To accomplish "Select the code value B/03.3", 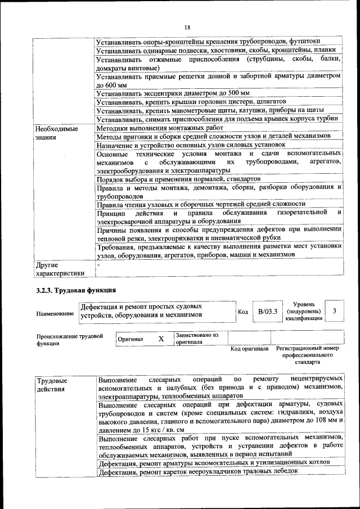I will click(264, 310).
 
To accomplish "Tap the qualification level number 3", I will click(335, 310).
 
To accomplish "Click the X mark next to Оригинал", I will click(161, 339).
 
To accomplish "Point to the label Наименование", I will click(55, 313).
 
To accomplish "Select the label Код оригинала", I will click(250, 349).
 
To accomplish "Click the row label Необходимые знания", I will click(57, 133).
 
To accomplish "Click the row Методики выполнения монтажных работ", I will click(160, 128).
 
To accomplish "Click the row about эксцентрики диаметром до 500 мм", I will click(173, 93).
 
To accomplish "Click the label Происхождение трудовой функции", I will click(69, 340).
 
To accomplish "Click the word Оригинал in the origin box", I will click(130, 340).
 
